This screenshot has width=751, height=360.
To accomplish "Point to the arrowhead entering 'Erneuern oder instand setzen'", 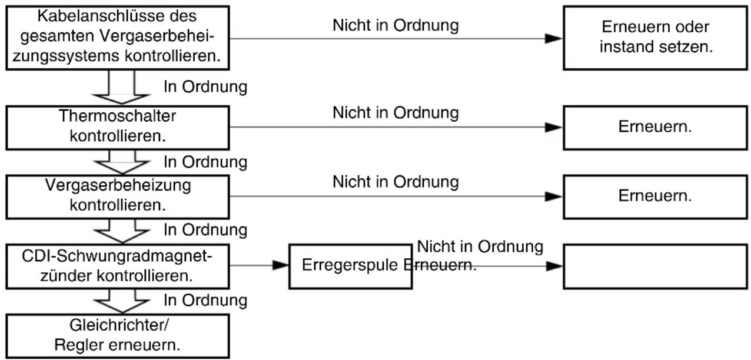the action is (554, 39).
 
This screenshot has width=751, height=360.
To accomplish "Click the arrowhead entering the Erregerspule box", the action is (281, 265).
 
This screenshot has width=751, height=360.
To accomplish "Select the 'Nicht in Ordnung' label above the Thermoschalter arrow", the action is (396, 112).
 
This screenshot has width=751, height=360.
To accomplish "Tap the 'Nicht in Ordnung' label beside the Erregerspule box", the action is (480, 246).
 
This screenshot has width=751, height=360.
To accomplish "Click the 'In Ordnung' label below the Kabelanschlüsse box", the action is (205, 87).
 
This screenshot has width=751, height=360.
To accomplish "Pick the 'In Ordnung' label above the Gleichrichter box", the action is (205, 301).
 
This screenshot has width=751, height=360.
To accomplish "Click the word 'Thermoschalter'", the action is (117, 116).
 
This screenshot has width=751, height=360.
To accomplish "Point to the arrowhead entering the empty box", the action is (554, 266).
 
